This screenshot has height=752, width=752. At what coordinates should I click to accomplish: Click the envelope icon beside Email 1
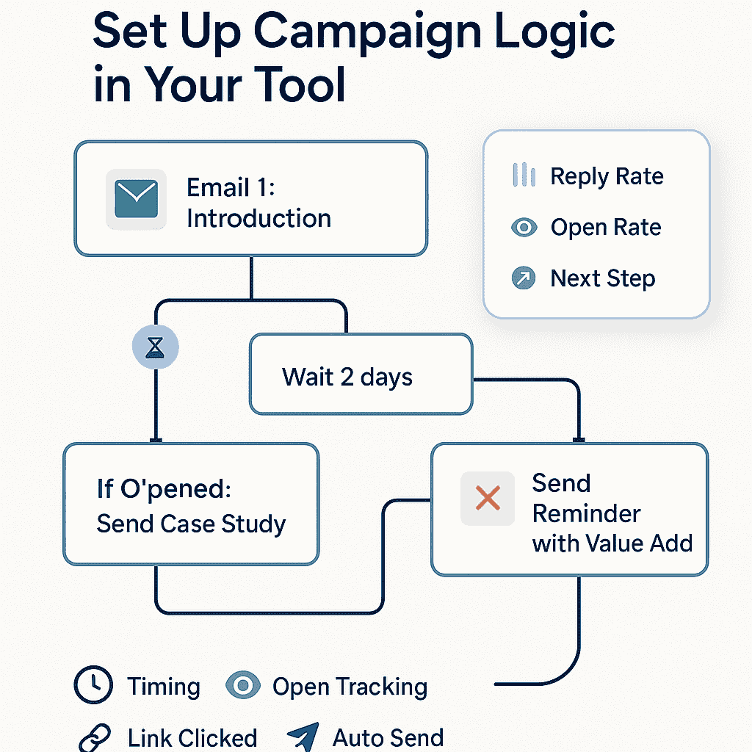click(136, 199)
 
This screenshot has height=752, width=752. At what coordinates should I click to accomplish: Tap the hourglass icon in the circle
click(156, 347)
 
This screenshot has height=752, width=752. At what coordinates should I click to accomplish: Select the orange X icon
click(488, 498)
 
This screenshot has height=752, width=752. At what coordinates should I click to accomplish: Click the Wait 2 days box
click(361, 374)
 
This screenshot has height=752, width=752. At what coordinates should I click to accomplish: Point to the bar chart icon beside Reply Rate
click(524, 175)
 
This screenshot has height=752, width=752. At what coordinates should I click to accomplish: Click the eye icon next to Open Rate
click(524, 227)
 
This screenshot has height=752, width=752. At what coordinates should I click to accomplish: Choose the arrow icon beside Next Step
click(524, 278)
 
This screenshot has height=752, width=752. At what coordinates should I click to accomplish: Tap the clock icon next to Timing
click(93, 684)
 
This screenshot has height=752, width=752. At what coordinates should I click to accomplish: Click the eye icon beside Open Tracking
click(243, 685)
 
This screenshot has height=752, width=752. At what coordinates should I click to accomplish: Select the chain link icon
click(95, 737)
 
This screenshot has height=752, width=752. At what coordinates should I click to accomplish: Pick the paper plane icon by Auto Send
click(303, 736)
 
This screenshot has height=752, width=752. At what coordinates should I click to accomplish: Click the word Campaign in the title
click(367, 34)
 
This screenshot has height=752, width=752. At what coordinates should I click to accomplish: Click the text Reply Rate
click(607, 176)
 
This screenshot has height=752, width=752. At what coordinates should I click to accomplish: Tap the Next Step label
click(603, 278)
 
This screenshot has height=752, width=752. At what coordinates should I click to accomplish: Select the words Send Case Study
click(192, 524)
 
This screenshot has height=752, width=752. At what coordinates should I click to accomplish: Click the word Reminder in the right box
click(587, 513)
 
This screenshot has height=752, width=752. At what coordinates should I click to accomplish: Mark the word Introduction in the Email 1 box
click(259, 219)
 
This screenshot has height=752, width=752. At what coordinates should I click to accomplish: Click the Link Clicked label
click(192, 738)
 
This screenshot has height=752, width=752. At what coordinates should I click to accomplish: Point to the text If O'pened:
click(164, 489)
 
